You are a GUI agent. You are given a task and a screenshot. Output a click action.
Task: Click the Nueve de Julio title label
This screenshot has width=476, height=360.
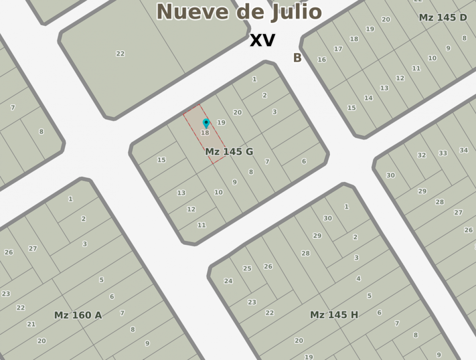pos(239,11)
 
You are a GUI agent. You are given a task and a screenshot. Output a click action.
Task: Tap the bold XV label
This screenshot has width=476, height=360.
pos(262,40)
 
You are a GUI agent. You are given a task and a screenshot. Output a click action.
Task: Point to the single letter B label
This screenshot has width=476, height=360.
pos(297,58)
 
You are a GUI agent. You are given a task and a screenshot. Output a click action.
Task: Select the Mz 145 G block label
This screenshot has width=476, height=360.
pos(229,152)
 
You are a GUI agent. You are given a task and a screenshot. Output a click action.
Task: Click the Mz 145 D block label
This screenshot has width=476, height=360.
pos(443,17)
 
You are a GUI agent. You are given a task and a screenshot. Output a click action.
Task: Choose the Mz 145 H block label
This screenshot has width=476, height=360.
pos(334,315)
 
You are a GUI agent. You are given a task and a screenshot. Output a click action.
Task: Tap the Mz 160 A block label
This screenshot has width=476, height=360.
pos(78,315)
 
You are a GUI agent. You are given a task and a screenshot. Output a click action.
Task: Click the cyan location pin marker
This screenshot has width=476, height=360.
pos(206,123)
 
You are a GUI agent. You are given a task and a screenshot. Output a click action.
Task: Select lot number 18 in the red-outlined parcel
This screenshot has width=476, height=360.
pos(205,133)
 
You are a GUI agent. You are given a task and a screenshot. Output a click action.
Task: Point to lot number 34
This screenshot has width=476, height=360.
pos(463,150)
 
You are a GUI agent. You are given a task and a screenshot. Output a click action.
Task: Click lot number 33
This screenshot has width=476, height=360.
pos(443,153)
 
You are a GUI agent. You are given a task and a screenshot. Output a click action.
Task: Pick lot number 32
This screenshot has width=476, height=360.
pos(421,155)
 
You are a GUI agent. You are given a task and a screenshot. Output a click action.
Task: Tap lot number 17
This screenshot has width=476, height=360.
pos(338,49)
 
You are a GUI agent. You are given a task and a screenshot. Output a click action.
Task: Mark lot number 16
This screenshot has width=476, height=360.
pos(322,59)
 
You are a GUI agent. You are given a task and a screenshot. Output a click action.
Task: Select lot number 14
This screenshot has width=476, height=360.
pos(368,98)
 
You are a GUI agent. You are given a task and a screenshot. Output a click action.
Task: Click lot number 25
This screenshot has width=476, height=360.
pos(247,268)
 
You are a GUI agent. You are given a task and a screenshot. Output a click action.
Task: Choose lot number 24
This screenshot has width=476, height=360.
pos(228,281)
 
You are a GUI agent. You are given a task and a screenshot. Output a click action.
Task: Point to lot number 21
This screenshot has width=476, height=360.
pos(31,324)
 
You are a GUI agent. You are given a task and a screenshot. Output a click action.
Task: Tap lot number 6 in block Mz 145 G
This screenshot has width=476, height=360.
pos(304,161)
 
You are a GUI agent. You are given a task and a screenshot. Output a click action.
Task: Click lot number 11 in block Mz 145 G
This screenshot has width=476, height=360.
pos(201,225)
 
